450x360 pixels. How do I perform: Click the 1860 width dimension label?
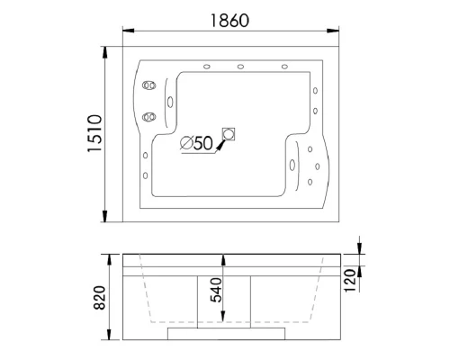pos(229,21)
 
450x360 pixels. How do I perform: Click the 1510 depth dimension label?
pos(94,133)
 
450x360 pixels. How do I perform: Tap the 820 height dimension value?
pos(100,298)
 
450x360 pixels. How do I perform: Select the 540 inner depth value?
pos(216,290)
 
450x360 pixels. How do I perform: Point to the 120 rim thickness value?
pos(349,281)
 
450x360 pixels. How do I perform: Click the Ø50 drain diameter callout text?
pos(196,143)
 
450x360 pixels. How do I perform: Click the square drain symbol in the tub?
pos(229,134)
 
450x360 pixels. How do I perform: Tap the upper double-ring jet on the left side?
pos(148,85)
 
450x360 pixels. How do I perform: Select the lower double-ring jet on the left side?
pos(148,117)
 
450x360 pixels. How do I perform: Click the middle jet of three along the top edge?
pos(240,67)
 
